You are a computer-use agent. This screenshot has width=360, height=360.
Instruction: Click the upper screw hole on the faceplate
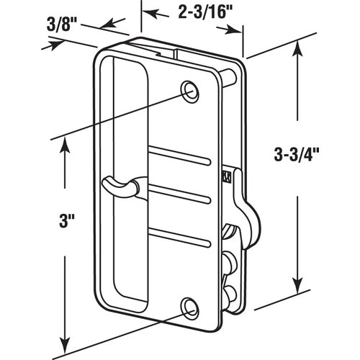[x=191, y=91]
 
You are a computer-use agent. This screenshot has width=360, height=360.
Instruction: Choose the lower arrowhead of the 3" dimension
[x=66, y=344]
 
